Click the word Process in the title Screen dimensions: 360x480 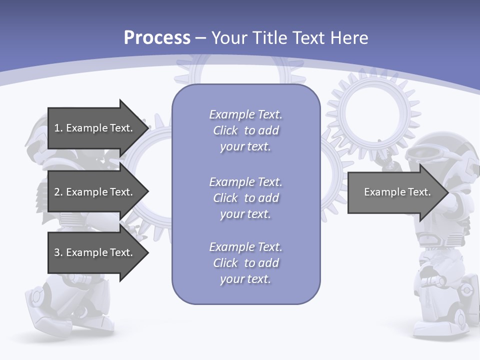157,38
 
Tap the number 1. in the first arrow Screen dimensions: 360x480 58,128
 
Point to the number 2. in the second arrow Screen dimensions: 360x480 58,192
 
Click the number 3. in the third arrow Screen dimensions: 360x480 58,252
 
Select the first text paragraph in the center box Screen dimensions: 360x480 245,130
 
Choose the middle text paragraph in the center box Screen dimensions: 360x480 245,197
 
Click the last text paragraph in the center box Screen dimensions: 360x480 245,262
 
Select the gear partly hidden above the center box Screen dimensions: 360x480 238,70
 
